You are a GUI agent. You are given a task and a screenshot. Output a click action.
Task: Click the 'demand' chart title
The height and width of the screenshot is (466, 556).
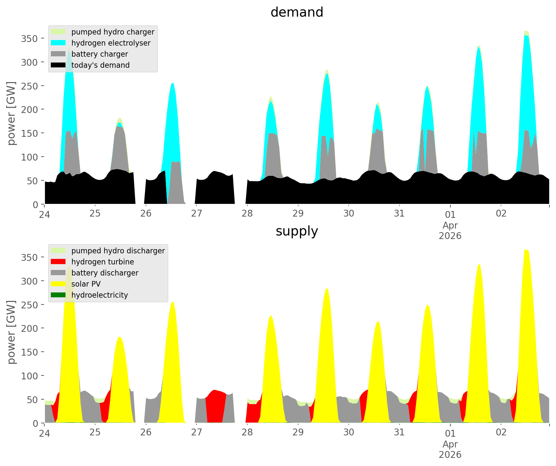tap(297, 12)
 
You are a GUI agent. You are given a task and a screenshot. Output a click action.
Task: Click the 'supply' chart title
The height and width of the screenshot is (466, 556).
tap(297, 231)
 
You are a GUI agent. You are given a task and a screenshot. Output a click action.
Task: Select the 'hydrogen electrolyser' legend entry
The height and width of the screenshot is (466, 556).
tap(111, 43)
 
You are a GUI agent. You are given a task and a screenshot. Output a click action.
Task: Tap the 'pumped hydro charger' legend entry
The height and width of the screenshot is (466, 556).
tap(113, 32)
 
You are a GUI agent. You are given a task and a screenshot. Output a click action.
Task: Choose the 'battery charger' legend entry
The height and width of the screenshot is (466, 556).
tap(99, 54)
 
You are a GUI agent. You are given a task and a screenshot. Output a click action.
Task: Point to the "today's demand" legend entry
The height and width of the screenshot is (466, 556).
tap(100, 65)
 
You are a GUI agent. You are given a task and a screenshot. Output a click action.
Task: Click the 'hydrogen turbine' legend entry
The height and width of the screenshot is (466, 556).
tap(102, 262)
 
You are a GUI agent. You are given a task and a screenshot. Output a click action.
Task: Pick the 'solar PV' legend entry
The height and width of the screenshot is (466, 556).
tap(86, 284)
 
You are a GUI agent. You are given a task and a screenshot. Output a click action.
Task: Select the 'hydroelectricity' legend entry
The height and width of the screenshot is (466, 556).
tap(99, 295)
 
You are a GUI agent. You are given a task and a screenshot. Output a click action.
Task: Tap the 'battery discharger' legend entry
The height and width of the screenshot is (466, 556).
tap(105, 273)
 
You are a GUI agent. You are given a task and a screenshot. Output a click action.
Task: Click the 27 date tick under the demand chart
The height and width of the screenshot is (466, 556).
tap(197, 214)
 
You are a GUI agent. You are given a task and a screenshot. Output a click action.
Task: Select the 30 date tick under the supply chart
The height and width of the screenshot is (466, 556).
tap(349, 432)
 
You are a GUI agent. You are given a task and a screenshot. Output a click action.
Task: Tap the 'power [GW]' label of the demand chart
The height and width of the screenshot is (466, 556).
tap(11, 113)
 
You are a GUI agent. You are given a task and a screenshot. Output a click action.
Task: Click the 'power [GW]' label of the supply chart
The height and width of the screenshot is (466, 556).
tap(11, 332)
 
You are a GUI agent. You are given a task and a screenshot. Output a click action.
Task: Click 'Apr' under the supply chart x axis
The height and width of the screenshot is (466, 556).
tap(450, 444)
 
